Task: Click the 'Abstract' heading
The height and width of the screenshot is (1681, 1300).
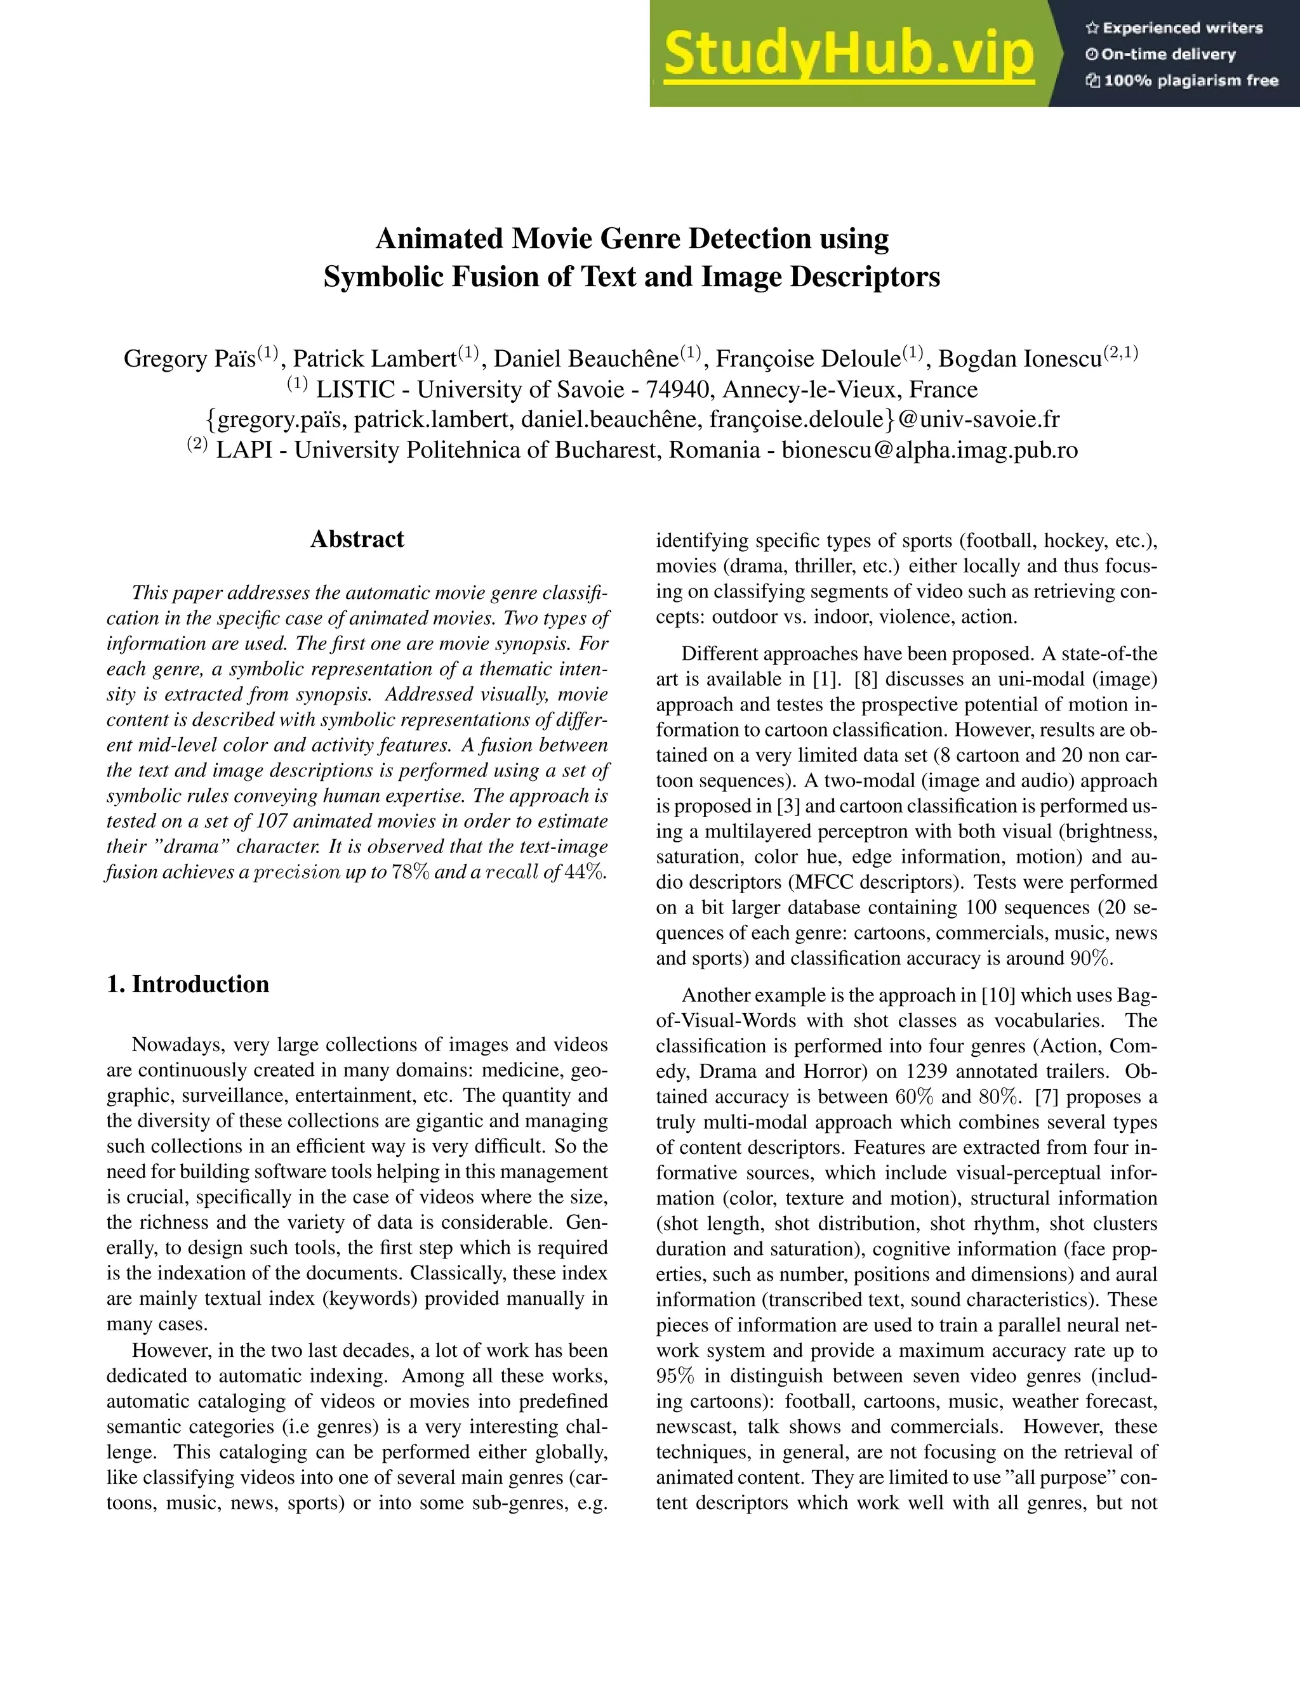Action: [x=357, y=539]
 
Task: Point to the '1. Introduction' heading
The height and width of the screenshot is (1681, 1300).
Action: [x=188, y=984]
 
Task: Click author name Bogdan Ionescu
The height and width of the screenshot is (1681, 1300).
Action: [x=1019, y=358]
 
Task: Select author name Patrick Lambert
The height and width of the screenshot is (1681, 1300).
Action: [x=375, y=358]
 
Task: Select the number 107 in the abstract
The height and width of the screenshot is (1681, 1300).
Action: [x=272, y=820]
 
